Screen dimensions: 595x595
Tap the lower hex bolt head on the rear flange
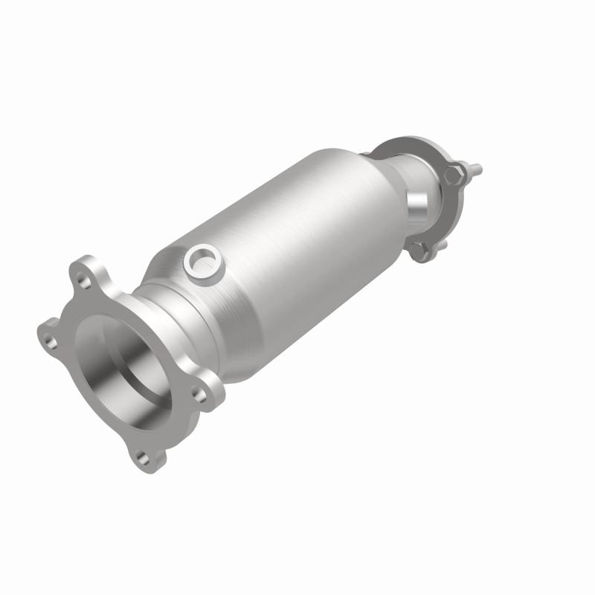click(419, 251)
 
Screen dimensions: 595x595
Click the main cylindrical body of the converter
click(297, 245)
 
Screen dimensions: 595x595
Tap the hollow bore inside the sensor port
click(201, 260)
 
